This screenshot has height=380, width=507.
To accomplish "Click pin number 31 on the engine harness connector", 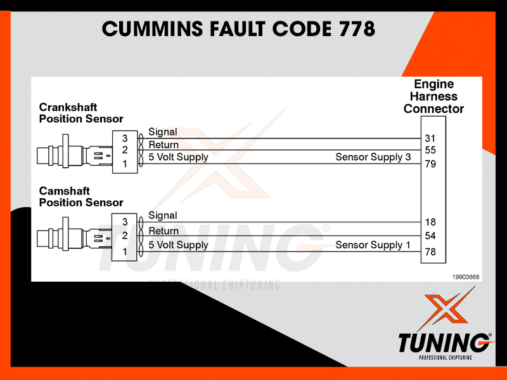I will point(431,138).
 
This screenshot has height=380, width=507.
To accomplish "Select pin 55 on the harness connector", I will point(431,151).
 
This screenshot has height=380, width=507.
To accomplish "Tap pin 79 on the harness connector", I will point(431,165).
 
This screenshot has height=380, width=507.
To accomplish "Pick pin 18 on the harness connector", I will point(431,222).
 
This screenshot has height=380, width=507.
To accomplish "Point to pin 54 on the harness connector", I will point(431,236).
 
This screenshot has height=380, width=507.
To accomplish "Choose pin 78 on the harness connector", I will point(431,253).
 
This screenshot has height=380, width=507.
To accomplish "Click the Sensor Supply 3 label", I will point(373,157).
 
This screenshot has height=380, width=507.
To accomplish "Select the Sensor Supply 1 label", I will point(373,245).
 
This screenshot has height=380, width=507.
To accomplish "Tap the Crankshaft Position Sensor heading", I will point(81,113).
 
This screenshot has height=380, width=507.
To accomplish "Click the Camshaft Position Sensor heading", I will point(81,196).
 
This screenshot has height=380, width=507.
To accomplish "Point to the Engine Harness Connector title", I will point(434,96).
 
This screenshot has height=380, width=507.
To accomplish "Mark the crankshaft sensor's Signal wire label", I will point(163,132).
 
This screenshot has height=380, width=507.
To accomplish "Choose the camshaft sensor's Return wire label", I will point(164,231).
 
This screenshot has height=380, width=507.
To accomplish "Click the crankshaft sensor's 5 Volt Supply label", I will point(178,157).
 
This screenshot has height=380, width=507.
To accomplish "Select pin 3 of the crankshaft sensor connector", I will point(125,138).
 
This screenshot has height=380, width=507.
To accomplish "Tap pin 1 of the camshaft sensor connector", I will point(125,251).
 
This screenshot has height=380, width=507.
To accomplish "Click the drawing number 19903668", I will point(465,277).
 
